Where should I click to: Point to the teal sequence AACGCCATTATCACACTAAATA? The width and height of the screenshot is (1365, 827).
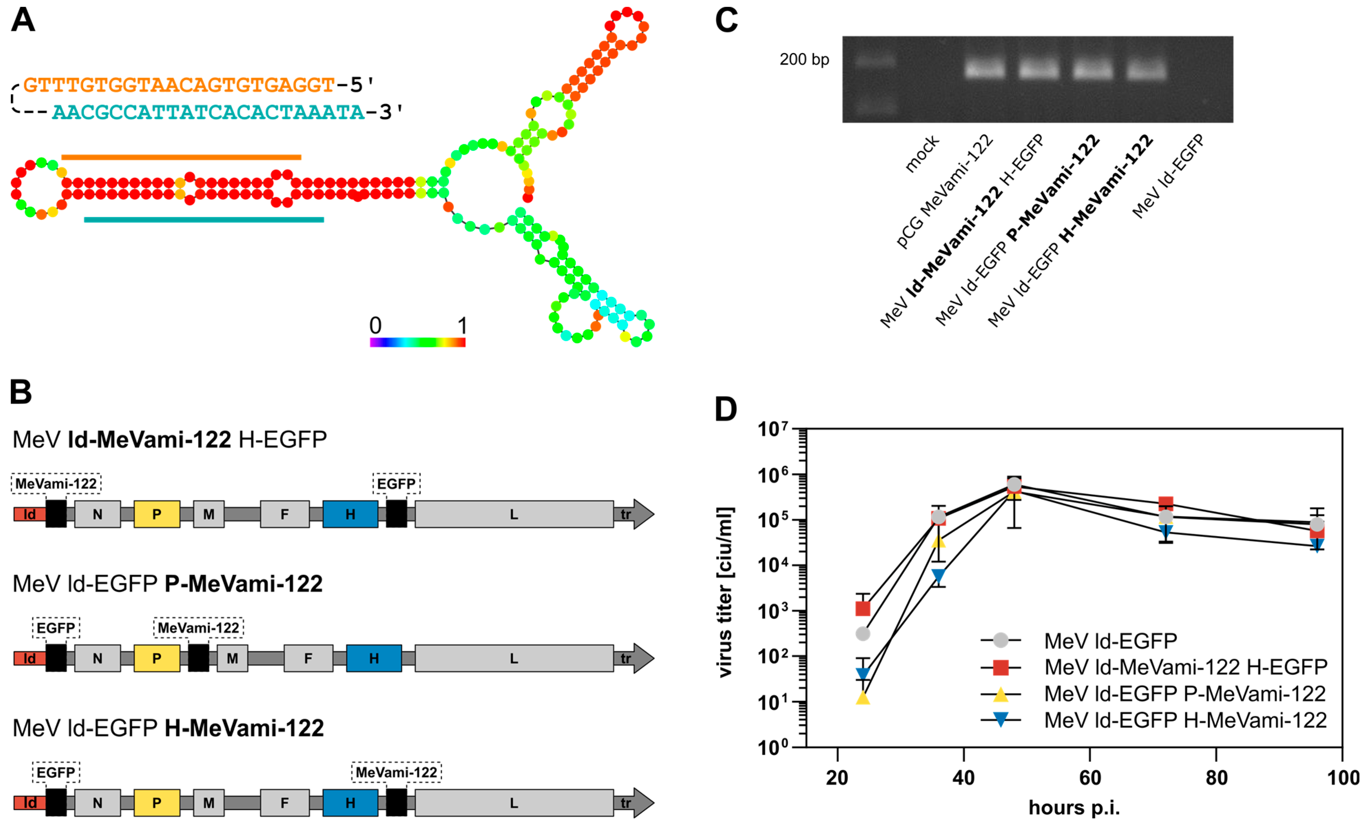(208, 113)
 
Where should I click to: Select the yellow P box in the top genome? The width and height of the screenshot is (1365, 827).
(157, 514)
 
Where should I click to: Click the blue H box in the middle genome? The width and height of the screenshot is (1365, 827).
(374, 659)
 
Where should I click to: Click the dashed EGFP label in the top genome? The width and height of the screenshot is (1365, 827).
(396, 484)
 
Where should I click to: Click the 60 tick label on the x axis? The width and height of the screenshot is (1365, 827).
(1090, 778)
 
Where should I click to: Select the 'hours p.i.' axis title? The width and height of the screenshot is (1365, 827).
(1074, 808)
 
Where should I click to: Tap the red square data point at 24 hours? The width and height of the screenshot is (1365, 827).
(863, 609)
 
